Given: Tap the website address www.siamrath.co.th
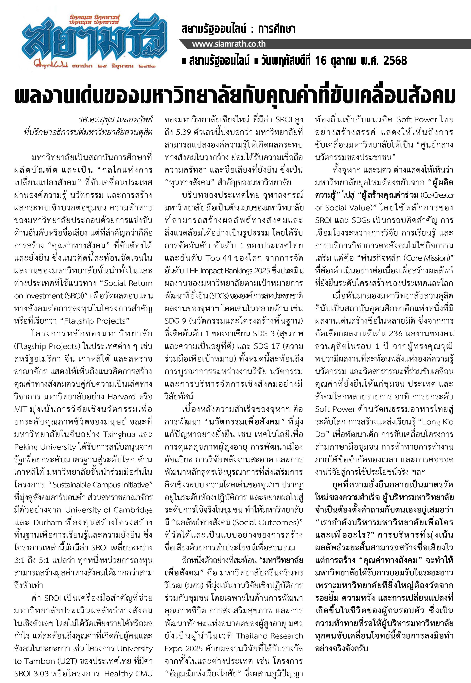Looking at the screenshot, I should point(229,44).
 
